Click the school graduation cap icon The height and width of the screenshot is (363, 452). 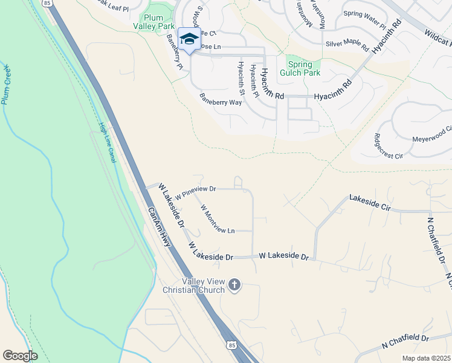(189, 38)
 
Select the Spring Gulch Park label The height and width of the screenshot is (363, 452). (300, 68)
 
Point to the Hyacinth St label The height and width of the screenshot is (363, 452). (241, 79)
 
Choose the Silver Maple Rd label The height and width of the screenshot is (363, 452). (347, 44)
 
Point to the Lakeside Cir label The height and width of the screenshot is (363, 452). (370, 202)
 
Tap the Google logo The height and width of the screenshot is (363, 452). (20, 356)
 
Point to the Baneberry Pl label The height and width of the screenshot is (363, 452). (175, 54)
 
